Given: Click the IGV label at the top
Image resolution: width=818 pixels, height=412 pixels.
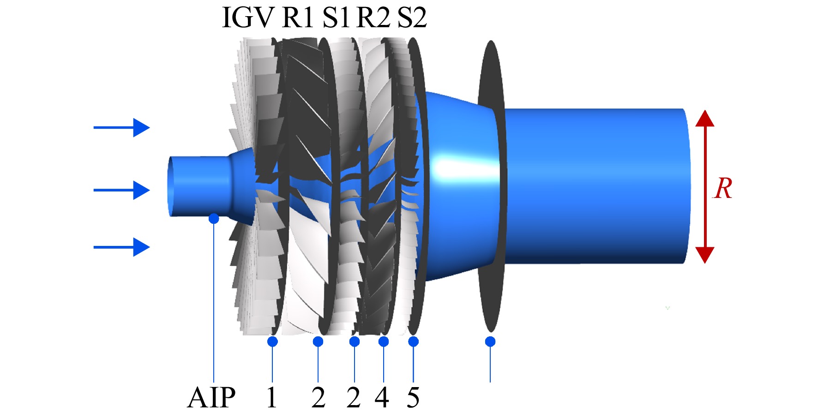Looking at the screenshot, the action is [248, 18].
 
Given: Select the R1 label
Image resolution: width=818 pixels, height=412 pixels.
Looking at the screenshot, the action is [298, 18].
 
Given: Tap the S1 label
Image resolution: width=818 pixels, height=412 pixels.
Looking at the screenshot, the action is [336, 18].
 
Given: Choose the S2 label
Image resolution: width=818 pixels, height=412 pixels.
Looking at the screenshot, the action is [412, 18].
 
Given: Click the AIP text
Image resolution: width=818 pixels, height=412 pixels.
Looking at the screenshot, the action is [211, 397].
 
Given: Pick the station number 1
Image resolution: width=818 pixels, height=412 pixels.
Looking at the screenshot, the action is [272, 397].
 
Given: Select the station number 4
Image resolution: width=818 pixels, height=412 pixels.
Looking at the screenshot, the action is [382, 397].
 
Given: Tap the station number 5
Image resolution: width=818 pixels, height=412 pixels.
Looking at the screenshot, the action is [413, 397].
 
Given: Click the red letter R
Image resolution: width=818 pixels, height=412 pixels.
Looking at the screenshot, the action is [722, 188].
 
